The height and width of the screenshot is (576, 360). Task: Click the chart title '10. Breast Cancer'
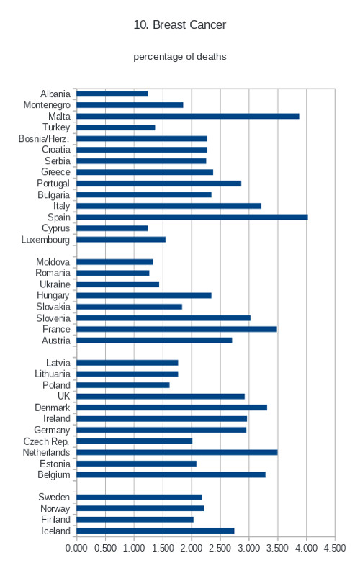(x=179, y=24)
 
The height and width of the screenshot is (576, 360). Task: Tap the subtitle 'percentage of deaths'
(x=179, y=57)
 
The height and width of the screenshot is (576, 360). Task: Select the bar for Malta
(x=188, y=116)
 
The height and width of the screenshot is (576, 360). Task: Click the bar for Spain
(x=192, y=217)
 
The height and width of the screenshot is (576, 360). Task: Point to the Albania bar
(x=112, y=94)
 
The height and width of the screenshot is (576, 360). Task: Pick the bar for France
(x=176, y=329)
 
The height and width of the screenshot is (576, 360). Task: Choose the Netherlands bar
(x=177, y=452)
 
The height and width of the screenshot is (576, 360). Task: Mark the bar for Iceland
(x=156, y=531)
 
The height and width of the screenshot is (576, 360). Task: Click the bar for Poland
(x=123, y=385)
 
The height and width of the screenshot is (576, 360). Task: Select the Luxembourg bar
(x=121, y=240)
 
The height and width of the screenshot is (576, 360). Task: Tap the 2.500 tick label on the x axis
(x=220, y=548)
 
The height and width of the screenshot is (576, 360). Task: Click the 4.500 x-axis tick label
(x=335, y=548)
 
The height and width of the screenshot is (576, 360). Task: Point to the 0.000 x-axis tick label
(x=76, y=548)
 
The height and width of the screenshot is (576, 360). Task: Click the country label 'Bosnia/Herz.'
(x=44, y=138)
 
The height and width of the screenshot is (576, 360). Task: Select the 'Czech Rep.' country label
(x=46, y=441)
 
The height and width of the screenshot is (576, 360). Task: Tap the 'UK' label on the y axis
(x=63, y=396)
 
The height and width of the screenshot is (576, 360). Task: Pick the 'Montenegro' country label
(x=47, y=105)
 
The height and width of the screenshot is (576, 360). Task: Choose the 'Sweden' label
(x=54, y=497)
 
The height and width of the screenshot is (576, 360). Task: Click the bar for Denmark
(x=171, y=408)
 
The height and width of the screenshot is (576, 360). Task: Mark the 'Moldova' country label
(x=53, y=262)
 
